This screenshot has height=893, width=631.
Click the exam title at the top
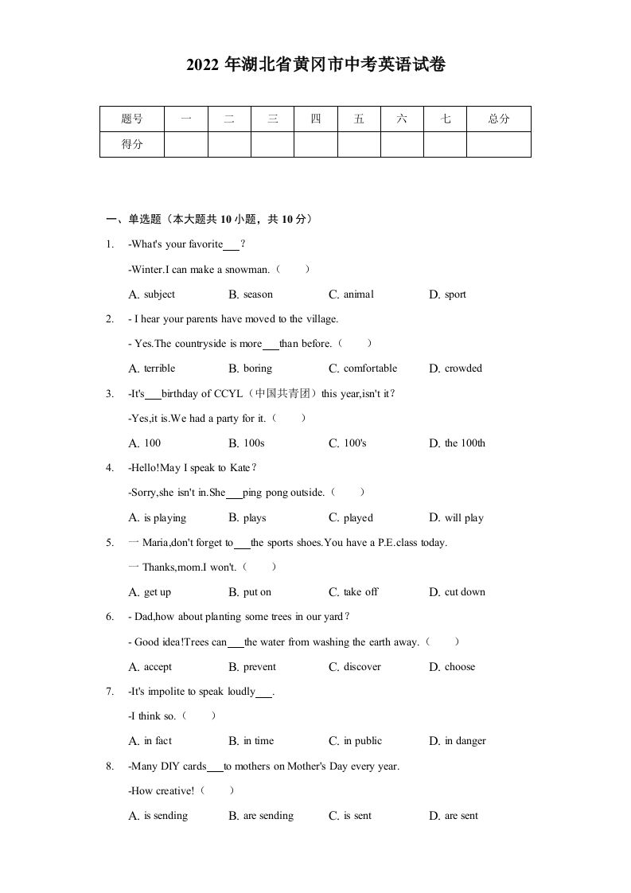315,66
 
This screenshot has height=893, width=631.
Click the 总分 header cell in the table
498,119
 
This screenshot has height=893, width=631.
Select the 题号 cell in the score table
132,119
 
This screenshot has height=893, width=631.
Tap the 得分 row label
132,144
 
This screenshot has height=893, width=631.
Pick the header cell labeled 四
315,119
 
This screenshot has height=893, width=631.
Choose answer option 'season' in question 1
258,294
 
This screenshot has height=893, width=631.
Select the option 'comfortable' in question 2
370,369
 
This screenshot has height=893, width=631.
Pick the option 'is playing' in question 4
165,518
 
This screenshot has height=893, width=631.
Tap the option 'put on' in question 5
257,592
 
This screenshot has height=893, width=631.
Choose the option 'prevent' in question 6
259,667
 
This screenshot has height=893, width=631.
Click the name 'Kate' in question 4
240,468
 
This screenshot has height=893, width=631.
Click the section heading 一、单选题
133,220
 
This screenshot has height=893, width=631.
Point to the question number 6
109,617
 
